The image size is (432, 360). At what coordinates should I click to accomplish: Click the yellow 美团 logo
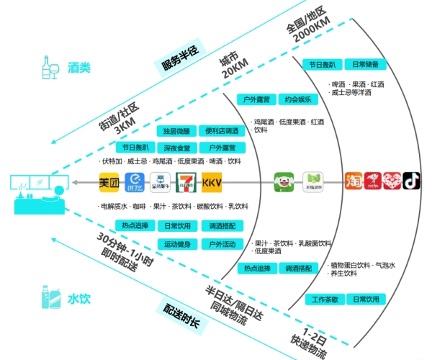109,182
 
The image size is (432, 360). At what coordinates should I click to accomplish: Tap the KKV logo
212,182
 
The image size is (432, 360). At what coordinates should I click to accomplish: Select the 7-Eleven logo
186,182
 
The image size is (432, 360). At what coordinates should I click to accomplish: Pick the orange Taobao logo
353,179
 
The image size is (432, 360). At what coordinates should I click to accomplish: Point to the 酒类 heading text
79,68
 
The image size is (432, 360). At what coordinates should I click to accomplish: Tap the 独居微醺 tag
176,132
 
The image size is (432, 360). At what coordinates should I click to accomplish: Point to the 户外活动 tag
220,244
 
